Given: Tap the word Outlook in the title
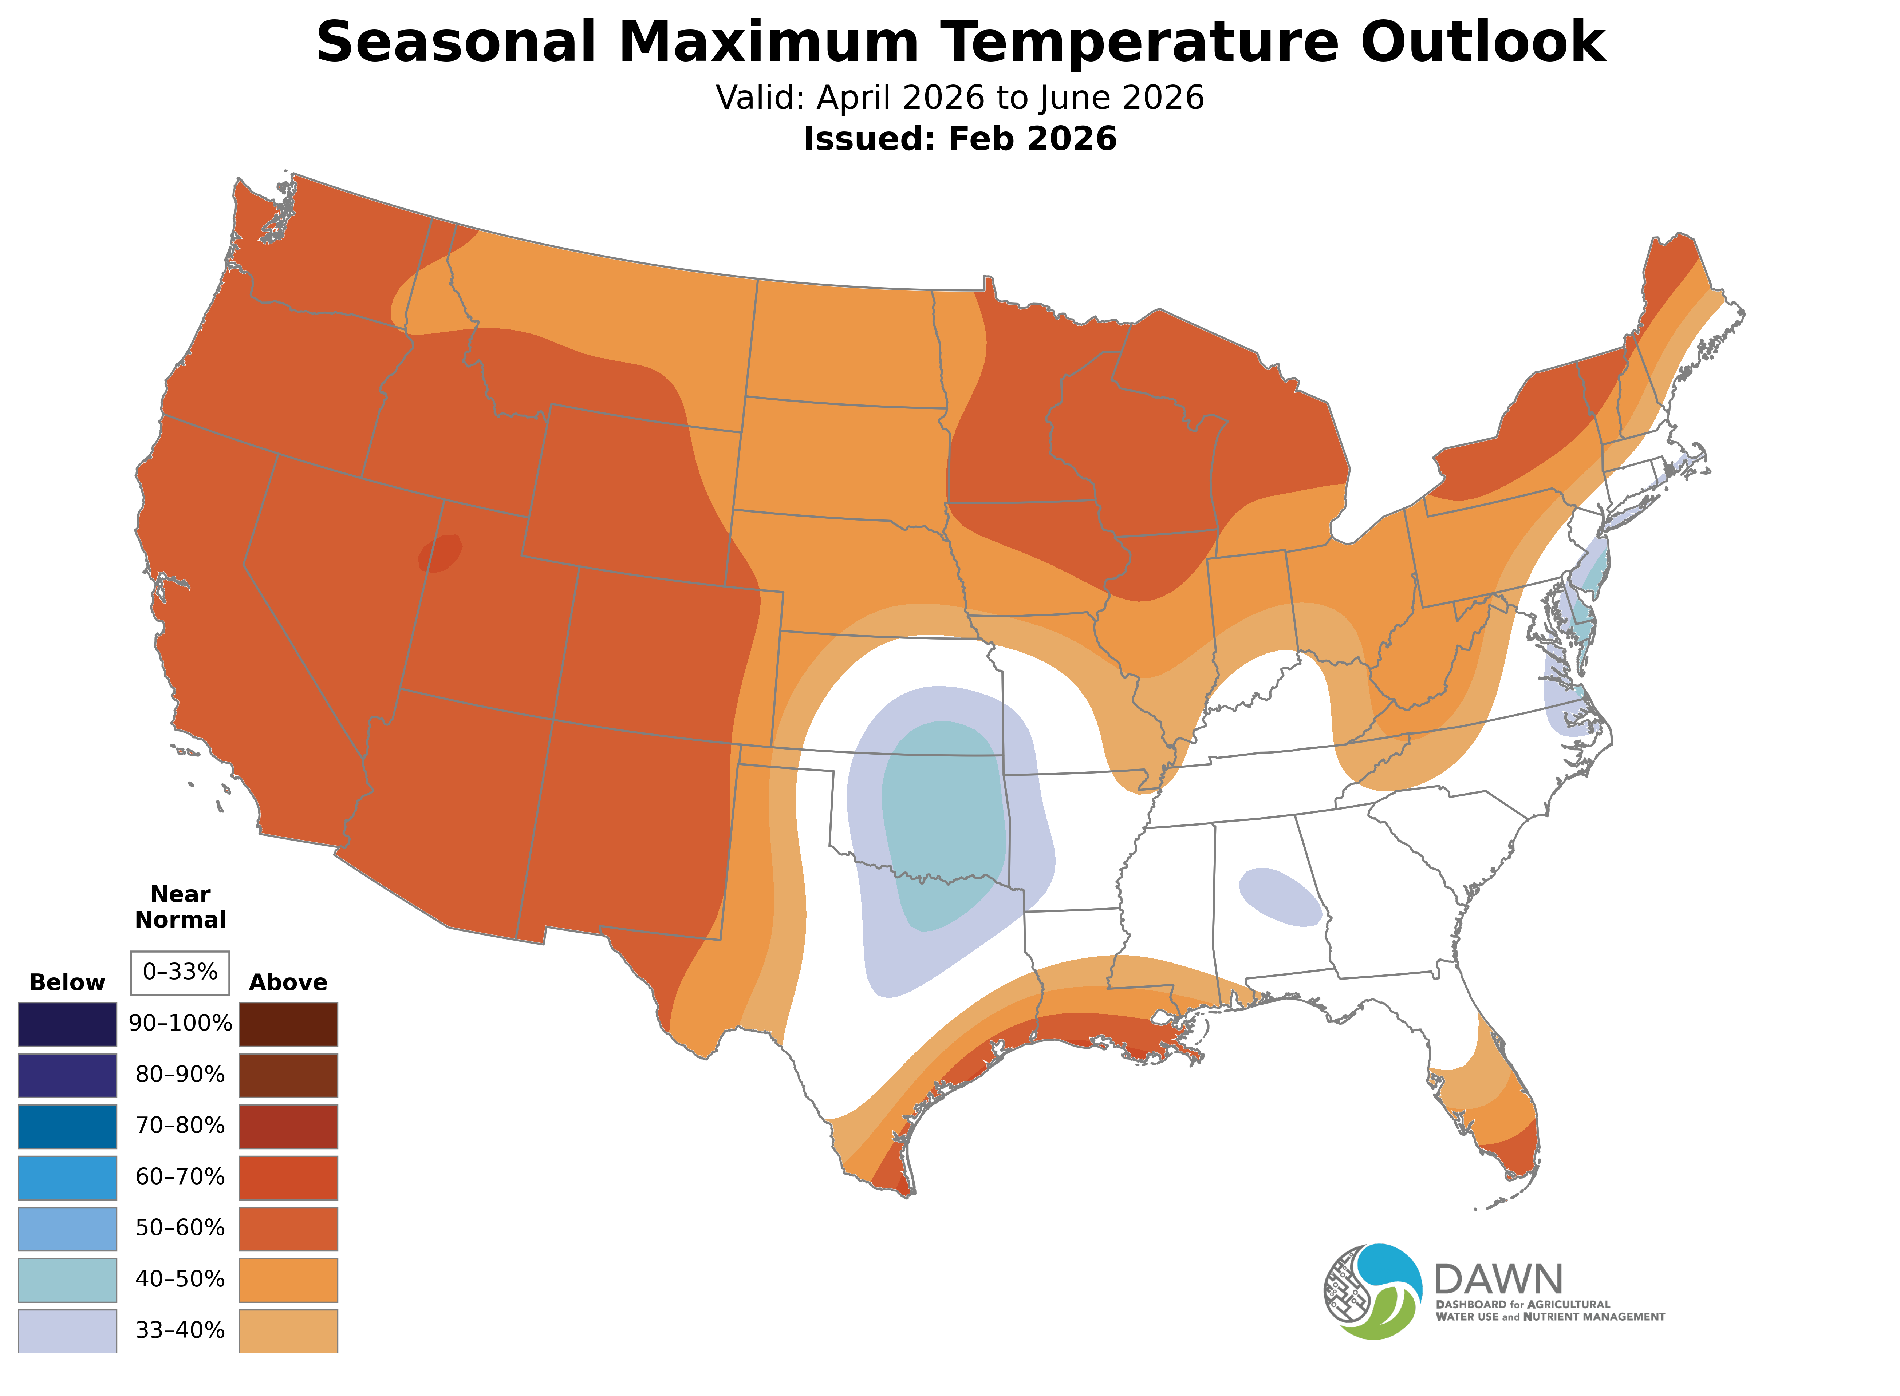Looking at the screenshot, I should tap(1482, 42).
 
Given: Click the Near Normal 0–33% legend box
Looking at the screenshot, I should tap(180, 972).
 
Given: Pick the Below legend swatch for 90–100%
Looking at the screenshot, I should tap(68, 1024).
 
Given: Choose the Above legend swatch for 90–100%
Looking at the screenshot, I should tap(288, 1024).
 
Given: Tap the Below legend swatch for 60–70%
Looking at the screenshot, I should tap(68, 1177).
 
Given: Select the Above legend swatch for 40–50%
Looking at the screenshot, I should tap(288, 1280).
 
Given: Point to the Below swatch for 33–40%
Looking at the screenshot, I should tap(68, 1330).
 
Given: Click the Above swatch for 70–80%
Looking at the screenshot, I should tap(288, 1126).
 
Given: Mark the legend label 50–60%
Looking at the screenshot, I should tap(180, 1228).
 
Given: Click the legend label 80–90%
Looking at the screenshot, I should tap(180, 1075).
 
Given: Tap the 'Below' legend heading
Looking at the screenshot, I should tap(68, 983).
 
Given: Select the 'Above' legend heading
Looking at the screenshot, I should tap(288, 983).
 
